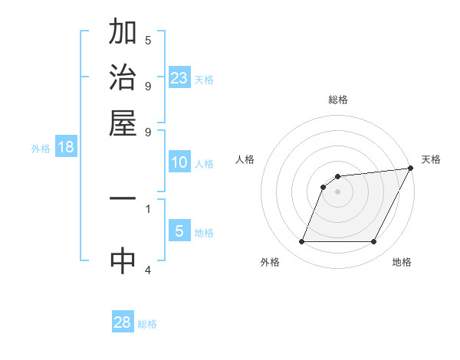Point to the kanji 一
[123, 198]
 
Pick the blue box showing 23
[179, 77]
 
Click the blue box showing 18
[66, 147]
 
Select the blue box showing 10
[179, 162]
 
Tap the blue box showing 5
[179, 231]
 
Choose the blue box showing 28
[123, 322]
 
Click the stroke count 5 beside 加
[148, 40]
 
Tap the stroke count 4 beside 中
[148, 270]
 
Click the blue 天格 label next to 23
[203, 79]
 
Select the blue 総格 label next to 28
[147, 324]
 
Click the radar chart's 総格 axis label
[337, 100]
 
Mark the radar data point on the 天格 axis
[411, 169]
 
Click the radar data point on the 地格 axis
[374, 242]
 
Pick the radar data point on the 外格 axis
[301, 242]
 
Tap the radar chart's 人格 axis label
[245, 159]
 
